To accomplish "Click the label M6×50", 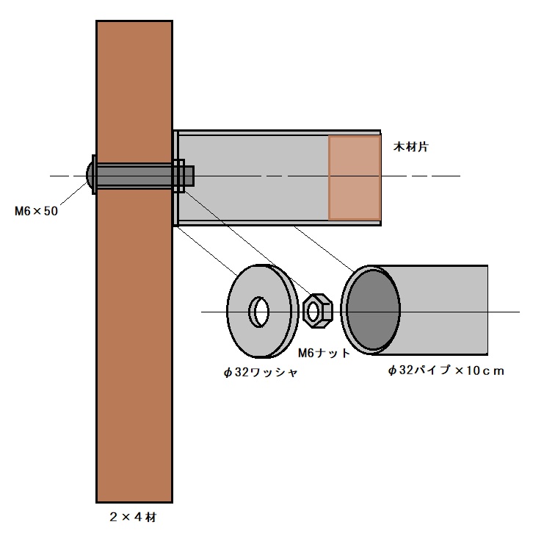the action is coord(36,211).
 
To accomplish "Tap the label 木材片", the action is coord(411,147).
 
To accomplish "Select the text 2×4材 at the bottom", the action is coord(133,517).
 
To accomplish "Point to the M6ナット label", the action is coord(324,353).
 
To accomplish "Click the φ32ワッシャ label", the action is coord(261,372).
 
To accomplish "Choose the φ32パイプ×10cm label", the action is coord(446,371).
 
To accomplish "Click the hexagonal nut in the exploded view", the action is coord(318,311).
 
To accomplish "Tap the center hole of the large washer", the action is coord(259,312).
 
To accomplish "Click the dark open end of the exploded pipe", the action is coord(373,309).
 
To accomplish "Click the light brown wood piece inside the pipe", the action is coord(355,178).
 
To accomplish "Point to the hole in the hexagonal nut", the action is coord(313,311).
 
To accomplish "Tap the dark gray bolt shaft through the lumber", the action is coord(134,176).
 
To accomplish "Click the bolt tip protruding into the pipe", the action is coord(189,176).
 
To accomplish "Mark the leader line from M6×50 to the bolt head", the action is coord(73,193).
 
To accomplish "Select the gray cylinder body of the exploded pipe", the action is coord(443,309).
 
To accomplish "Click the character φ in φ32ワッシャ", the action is coord(228,373).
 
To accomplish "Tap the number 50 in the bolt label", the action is coord(51,211).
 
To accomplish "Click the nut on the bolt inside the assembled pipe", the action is coord(178,176).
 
